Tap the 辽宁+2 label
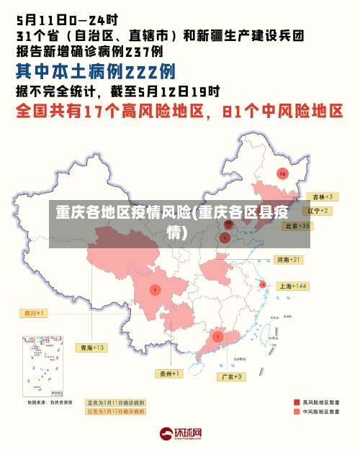click(x=318, y=211)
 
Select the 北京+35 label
click(x=297, y=225)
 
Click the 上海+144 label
click(x=293, y=286)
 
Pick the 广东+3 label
click(x=232, y=376)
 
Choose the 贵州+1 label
click(x=170, y=373)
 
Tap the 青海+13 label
click(x=93, y=348)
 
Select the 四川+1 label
click(x=32, y=313)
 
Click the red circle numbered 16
click(x=282, y=174)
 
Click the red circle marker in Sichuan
click(x=155, y=289)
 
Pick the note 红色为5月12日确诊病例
click(x=115, y=412)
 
